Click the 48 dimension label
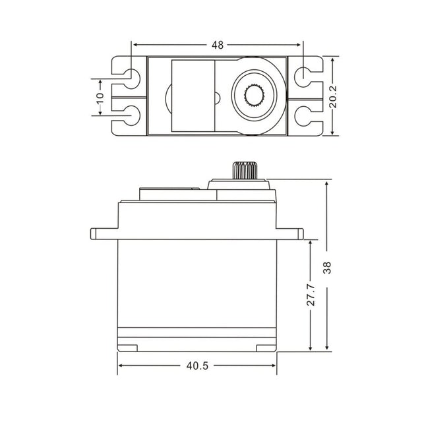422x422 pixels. pyautogui.click(x=218, y=45)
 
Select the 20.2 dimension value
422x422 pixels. pyautogui.click(x=333, y=97)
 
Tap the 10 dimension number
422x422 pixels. pyautogui.click(x=100, y=98)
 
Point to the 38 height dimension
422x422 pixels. pyautogui.click(x=327, y=268)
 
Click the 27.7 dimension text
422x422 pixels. pyautogui.click(x=311, y=295)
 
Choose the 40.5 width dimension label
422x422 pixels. pyautogui.click(x=197, y=366)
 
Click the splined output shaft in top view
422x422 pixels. pyautogui.click(x=255, y=95)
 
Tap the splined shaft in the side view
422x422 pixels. pyautogui.click(x=245, y=170)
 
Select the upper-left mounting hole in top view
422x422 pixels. pyautogui.click(x=132, y=78)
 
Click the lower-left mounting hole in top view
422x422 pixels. pyautogui.click(x=132, y=115)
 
